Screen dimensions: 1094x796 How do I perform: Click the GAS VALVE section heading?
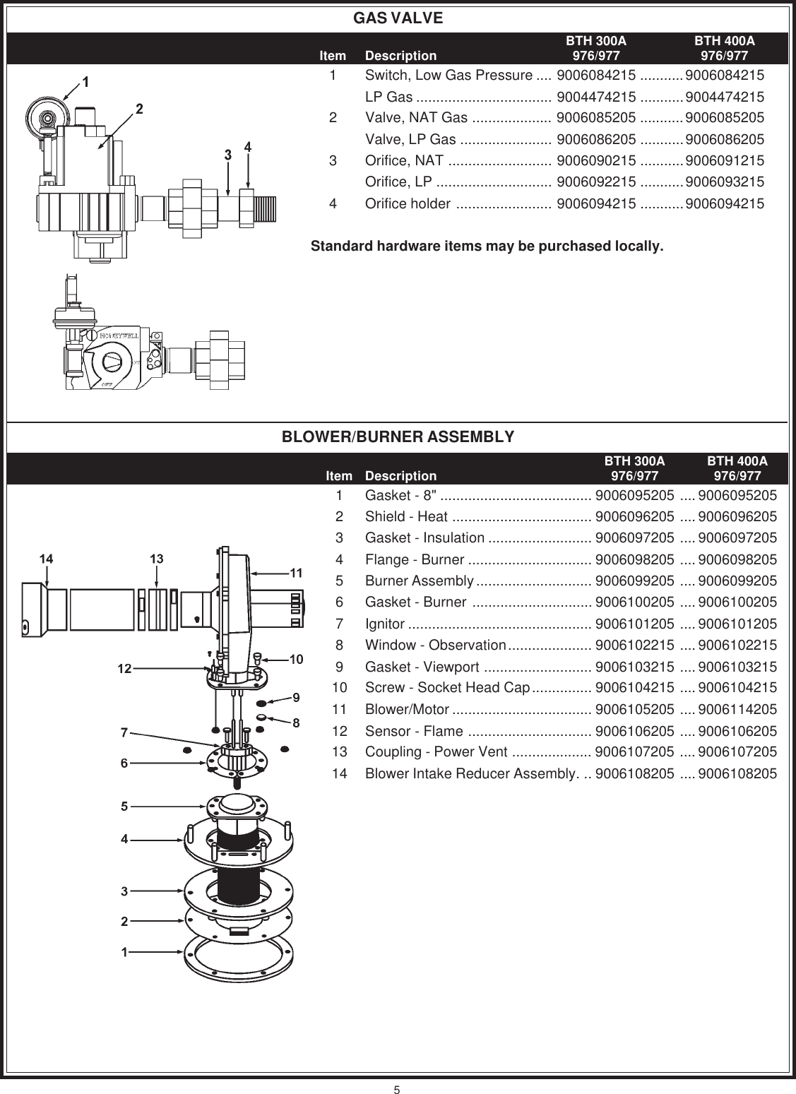(x=398, y=18)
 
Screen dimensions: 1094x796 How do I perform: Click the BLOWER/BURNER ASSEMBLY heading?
(x=398, y=437)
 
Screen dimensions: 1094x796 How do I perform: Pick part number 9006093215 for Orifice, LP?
(x=724, y=182)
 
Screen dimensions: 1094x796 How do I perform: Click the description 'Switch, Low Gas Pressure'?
(x=449, y=76)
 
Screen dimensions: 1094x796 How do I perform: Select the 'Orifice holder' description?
(x=408, y=204)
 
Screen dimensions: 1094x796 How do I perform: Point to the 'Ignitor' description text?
(x=385, y=624)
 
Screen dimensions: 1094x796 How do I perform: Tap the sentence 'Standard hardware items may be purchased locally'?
(x=487, y=247)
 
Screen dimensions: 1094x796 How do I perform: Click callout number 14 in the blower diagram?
(x=45, y=558)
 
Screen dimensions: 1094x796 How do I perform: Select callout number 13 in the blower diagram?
(x=157, y=558)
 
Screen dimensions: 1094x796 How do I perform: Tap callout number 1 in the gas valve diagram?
(x=85, y=82)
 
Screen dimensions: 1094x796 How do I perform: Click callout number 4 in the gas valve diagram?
(x=248, y=147)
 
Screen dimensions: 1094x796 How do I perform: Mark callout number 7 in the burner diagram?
(x=124, y=732)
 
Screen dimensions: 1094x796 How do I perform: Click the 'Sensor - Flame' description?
(x=414, y=731)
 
